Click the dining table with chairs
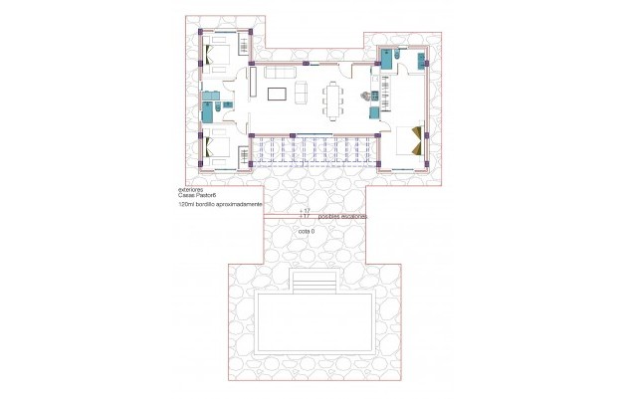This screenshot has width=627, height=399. [x=332, y=97]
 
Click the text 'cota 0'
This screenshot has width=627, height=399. [x=307, y=231]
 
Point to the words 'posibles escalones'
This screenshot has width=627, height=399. [x=342, y=216]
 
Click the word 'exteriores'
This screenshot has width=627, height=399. [x=190, y=188]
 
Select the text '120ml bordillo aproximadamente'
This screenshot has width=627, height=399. [x=220, y=204]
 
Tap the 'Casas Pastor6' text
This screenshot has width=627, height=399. [x=196, y=196]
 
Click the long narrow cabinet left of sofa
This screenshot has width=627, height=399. [x=255, y=80]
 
